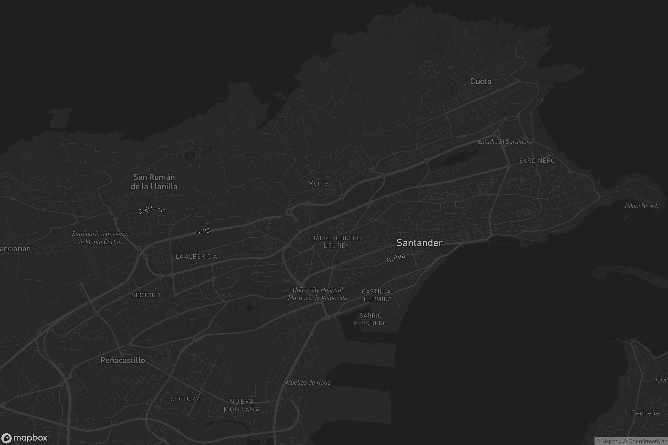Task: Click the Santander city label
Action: click(x=419, y=243)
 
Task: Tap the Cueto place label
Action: click(x=481, y=81)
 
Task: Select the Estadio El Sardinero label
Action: click(x=505, y=142)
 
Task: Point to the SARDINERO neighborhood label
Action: click(x=537, y=161)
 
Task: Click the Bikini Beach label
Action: click(x=641, y=206)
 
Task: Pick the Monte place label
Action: click(x=318, y=183)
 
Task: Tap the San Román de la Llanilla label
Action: click(x=154, y=182)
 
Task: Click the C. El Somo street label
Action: click(x=152, y=210)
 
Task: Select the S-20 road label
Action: click(x=203, y=231)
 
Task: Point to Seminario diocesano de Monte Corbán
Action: click(x=100, y=238)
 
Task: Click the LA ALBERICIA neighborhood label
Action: click(x=196, y=256)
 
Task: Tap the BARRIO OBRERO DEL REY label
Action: click(x=336, y=242)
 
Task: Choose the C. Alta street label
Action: click(x=396, y=258)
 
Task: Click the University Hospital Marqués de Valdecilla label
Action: click(x=318, y=294)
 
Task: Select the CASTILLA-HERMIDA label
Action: click(x=377, y=295)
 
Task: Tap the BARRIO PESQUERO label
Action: click(x=370, y=320)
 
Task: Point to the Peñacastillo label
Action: click(x=123, y=360)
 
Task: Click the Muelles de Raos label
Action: click(x=308, y=383)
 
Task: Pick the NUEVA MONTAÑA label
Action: click(x=242, y=405)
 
